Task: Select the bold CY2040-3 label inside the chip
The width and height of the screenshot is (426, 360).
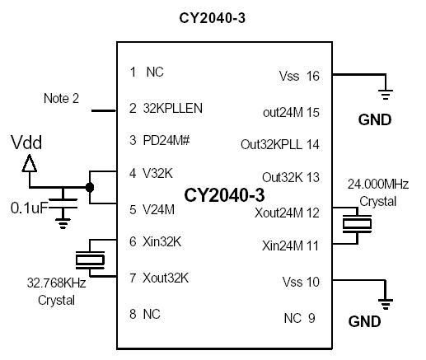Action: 224,195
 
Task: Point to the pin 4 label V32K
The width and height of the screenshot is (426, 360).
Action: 159,173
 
